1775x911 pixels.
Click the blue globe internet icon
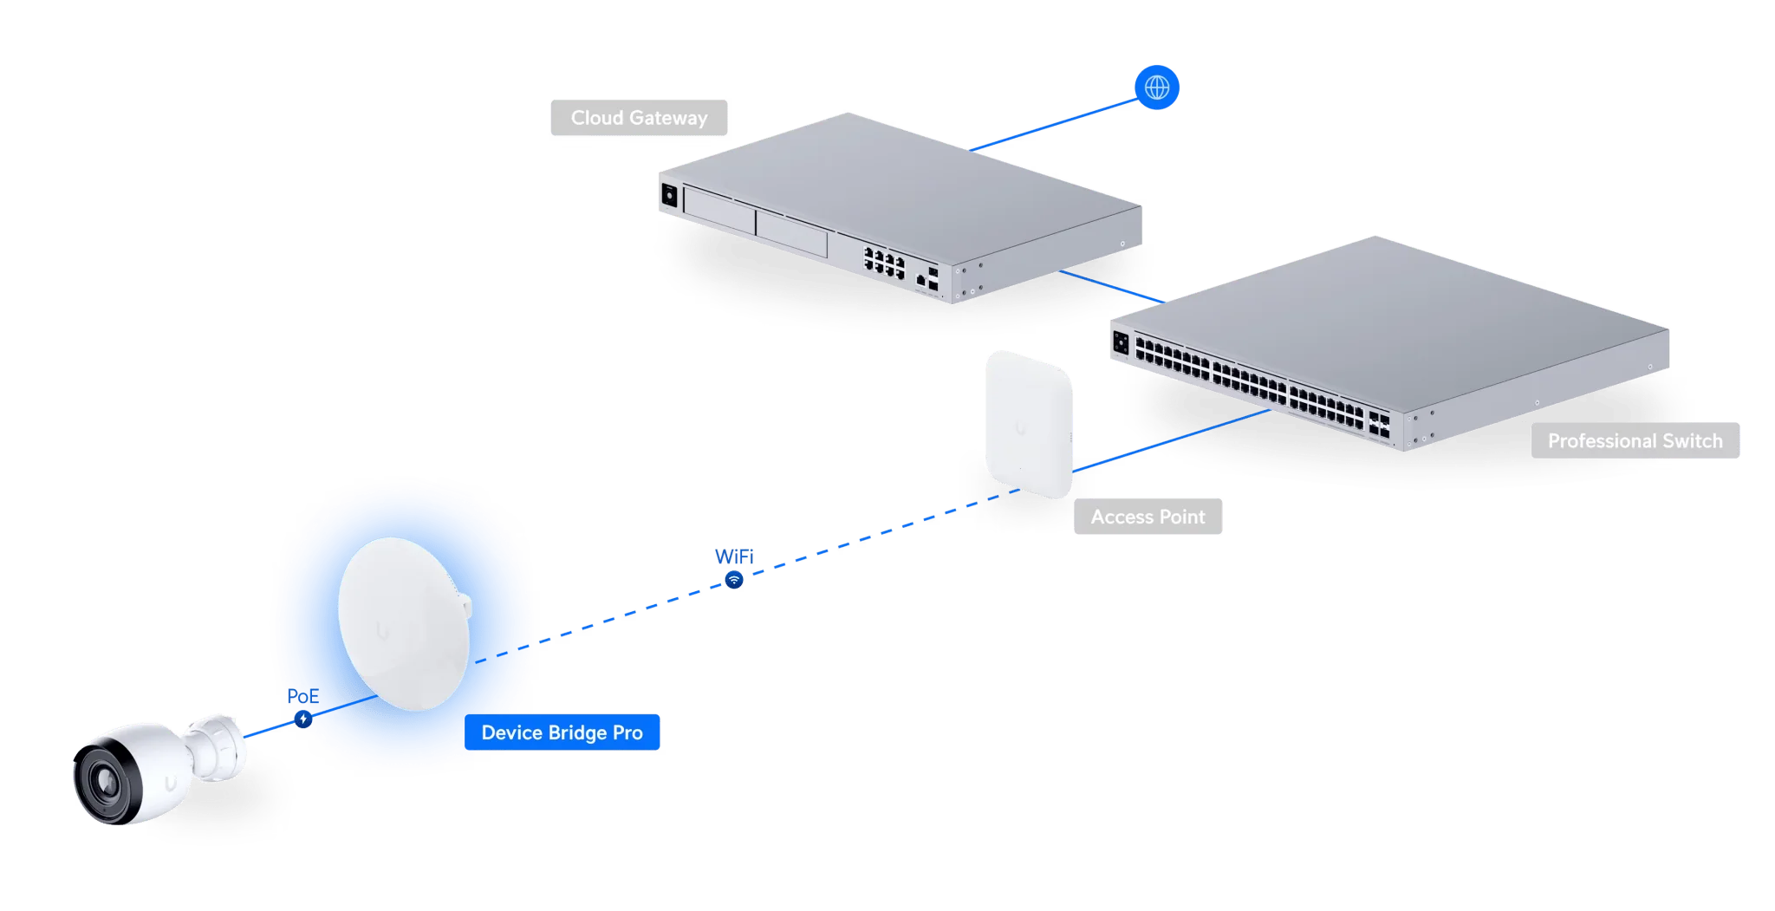1156,88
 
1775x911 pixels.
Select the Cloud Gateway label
639,118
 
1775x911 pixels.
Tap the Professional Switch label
1635,440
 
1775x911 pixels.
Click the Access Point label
1148,517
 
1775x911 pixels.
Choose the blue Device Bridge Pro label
562,732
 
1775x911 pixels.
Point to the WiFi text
734,556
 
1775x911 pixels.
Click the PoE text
302,696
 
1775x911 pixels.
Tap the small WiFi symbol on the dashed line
734,580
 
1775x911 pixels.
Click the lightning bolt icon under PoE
302,719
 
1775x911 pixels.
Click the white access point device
1029,425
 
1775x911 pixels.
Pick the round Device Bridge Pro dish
405,624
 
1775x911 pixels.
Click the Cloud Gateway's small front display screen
669,195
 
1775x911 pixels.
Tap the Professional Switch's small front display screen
1121,343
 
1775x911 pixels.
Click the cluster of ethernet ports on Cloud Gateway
884,262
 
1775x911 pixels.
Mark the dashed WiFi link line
748,576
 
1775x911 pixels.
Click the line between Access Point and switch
1171,440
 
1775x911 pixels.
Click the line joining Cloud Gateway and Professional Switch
1112,287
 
